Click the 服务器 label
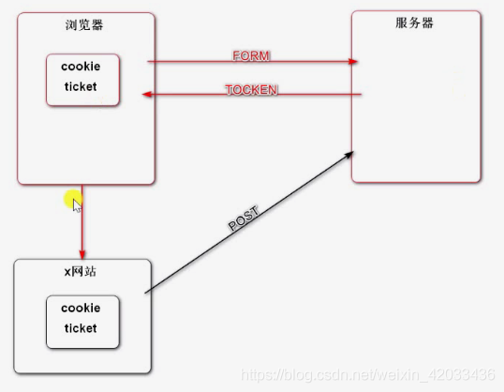[x=415, y=23]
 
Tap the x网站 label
[x=80, y=271]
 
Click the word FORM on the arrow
[x=250, y=56]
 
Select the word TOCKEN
[x=251, y=90]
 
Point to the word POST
[x=243, y=219]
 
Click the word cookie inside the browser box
[x=81, y=67]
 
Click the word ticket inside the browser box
[x=81, y=86]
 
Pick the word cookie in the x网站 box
[x=81, y=308]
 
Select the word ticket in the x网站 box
[x=81, y=328]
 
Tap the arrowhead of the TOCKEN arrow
[x=146, y=94]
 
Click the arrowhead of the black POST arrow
[x=350, y=152]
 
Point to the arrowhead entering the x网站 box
[x=82, y=254]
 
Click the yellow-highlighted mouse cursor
[x=75, y=202]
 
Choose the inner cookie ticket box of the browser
[x=82, y=79]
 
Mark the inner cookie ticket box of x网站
[x=82, y=321]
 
